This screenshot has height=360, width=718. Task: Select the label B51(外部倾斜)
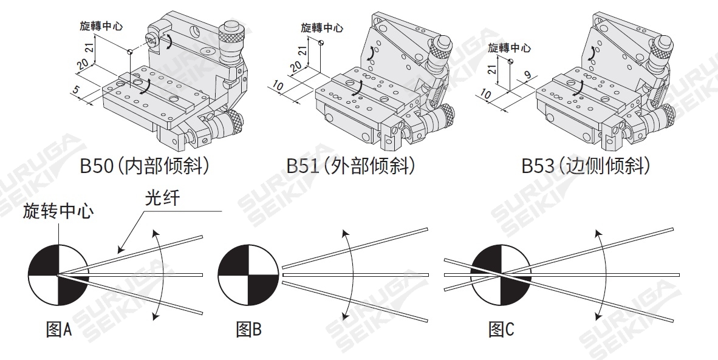pos(351,166)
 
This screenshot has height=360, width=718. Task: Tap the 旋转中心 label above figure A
pos(58,212)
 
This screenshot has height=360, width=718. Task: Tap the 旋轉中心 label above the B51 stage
pos(322,28)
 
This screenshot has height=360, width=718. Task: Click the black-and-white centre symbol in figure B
pos(248,275)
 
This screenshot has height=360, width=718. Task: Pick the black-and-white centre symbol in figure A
pos(58,275)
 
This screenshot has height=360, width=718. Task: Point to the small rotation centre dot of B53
pos(510,61)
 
